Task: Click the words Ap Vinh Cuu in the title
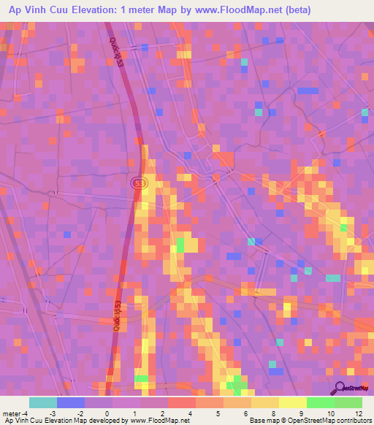36,10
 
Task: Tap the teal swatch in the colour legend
43,402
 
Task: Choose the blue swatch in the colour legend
71,402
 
